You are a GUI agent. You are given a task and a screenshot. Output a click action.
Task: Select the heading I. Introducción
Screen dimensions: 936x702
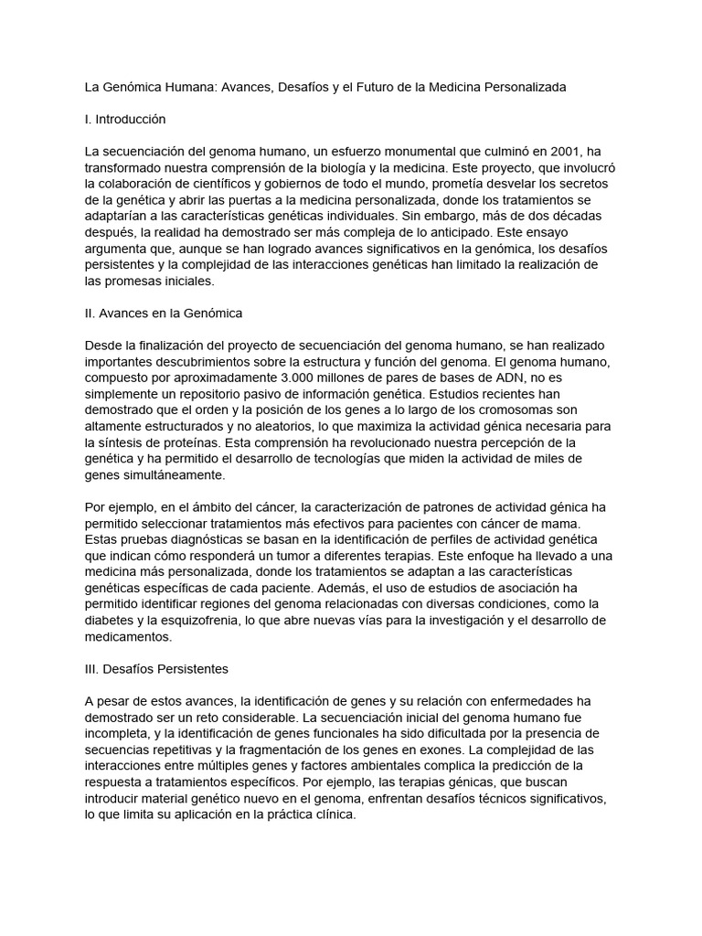[x=125, y=119]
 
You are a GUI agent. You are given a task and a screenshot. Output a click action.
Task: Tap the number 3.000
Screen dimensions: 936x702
[x=282, y=378]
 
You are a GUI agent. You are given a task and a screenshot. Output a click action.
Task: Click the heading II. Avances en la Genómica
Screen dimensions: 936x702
[x=163, y=313]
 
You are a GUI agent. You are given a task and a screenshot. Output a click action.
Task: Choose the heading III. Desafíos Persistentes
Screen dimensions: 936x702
[x=156, y=669]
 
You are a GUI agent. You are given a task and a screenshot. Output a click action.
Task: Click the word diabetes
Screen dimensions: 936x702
[x=111, y=621]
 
